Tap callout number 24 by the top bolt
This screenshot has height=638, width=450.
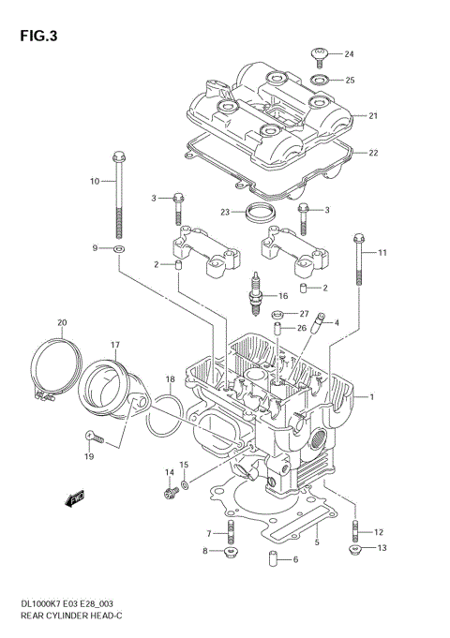(349, 53)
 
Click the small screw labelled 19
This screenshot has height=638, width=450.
(89, 435)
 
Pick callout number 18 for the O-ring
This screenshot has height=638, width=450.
(170, 379)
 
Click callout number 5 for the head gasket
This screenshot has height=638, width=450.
(318, 542)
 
